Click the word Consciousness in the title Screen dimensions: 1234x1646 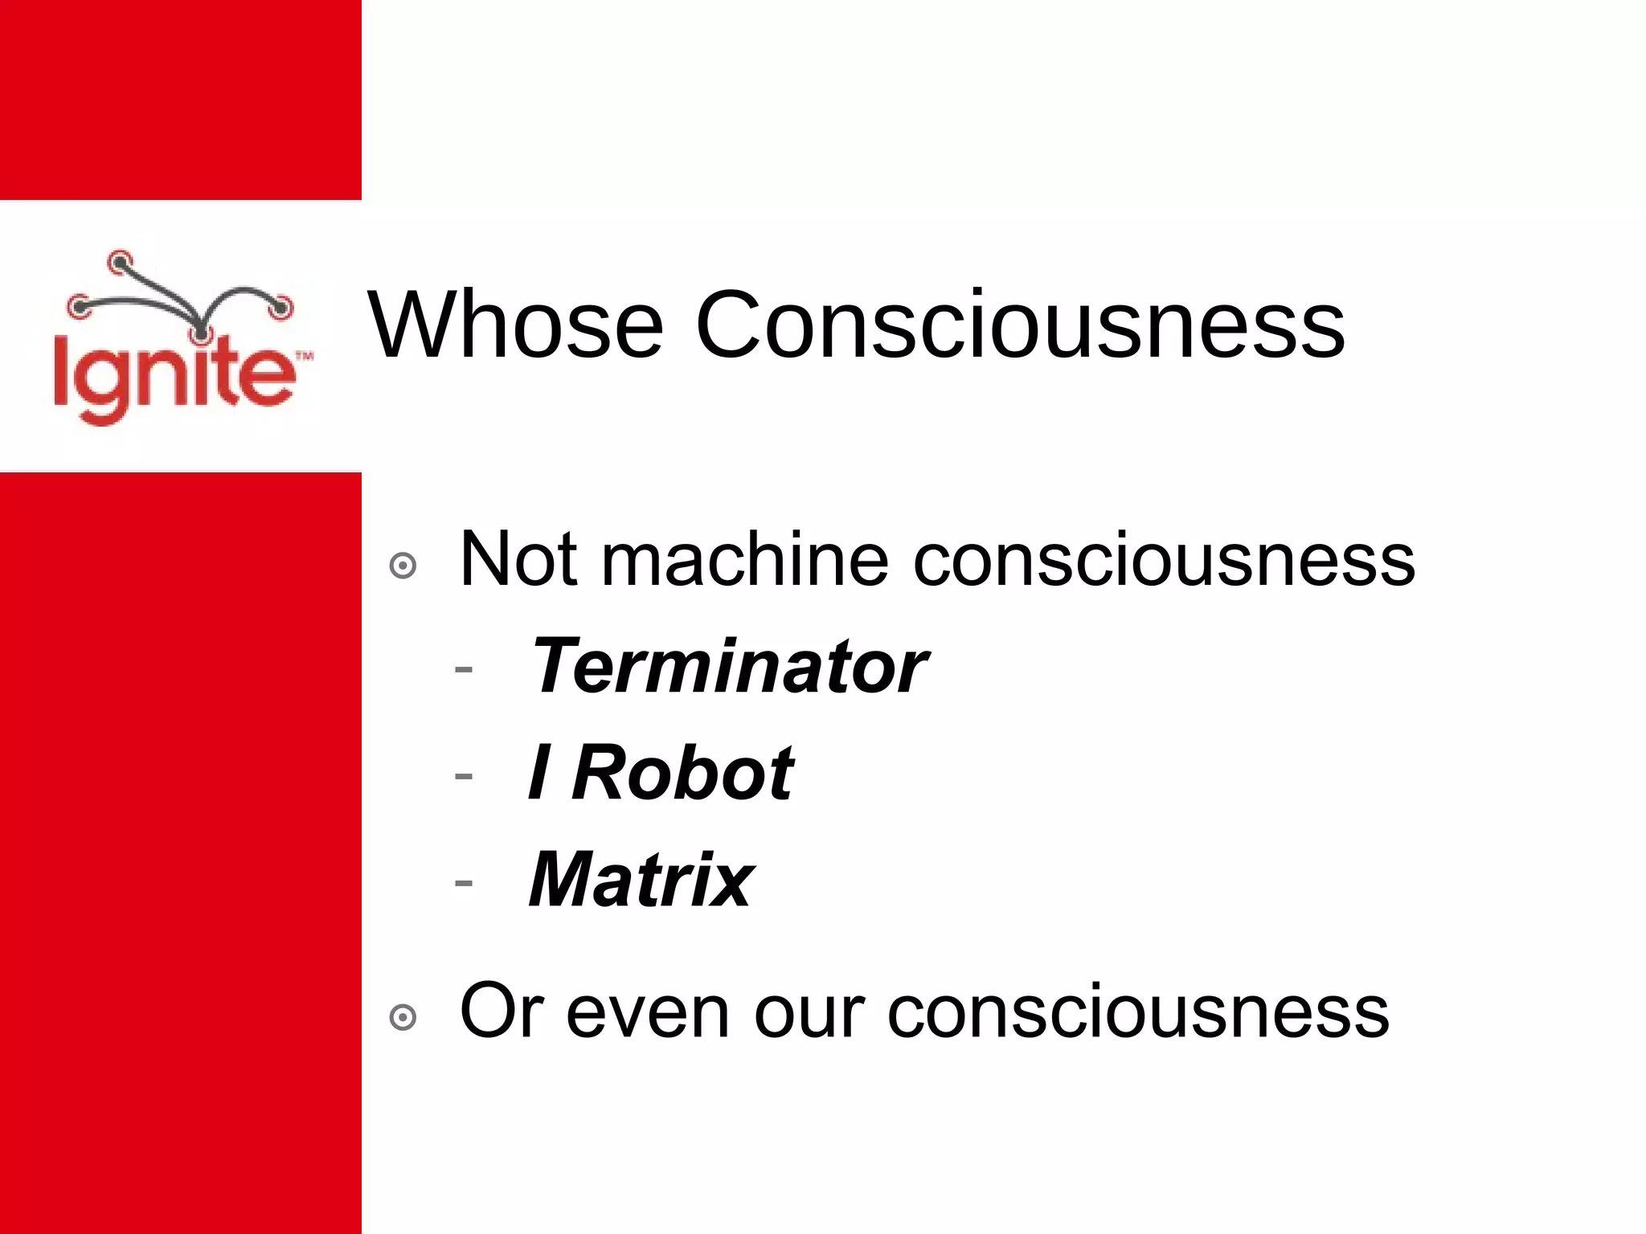[x=1019, y=325]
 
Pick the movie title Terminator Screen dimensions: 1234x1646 [x=728, y=666]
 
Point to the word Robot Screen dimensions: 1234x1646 [x=682, y=773]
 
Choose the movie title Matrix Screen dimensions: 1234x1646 [x=641, y=880]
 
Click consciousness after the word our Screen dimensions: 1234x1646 [x=1138, y=1012]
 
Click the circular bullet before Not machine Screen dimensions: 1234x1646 [x=403, y=566]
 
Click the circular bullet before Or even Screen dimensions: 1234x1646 [x=403, y=1018]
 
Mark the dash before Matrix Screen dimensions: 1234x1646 [x=463, y=882]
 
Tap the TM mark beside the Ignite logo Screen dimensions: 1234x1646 [x=305, y=355]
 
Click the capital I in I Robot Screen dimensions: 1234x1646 [x=539, y=773]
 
